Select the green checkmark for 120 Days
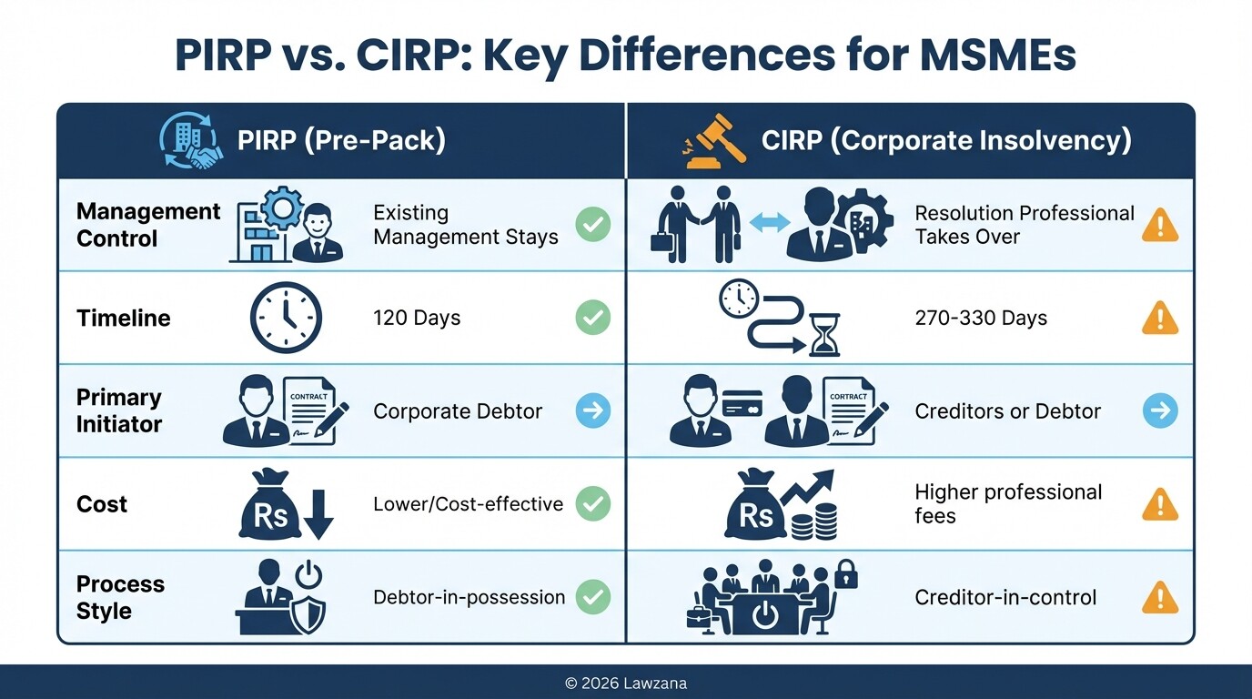click(x=593, y=318)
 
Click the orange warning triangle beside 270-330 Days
click(x=1160, y=318)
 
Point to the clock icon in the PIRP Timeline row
click(x=286, y=318)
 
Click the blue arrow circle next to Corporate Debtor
click(x=593, y=411)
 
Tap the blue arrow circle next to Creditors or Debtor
click(x=1160, y=411)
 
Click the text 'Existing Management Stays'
click(x=465, y=225)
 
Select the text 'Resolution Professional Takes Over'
click(x=1024, y=225)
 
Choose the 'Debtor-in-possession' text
click(x=469, y=597)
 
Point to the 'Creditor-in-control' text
click(x=1005, y=597)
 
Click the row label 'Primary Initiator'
click(x=119, y=411)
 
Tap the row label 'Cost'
click(x=102, y=504)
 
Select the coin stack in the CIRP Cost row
click(x=815, y=521)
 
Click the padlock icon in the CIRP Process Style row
click(x=846, y=574)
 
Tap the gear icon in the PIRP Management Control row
click(x=282, y=208)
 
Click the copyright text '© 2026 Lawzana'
click(x=626, y=683)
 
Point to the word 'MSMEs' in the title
click(x=997, y=56)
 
